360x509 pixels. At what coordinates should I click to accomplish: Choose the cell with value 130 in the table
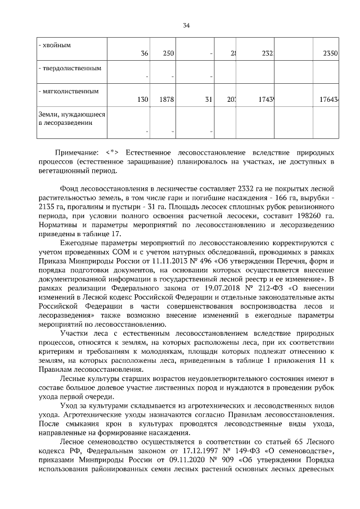click(142, 100)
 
